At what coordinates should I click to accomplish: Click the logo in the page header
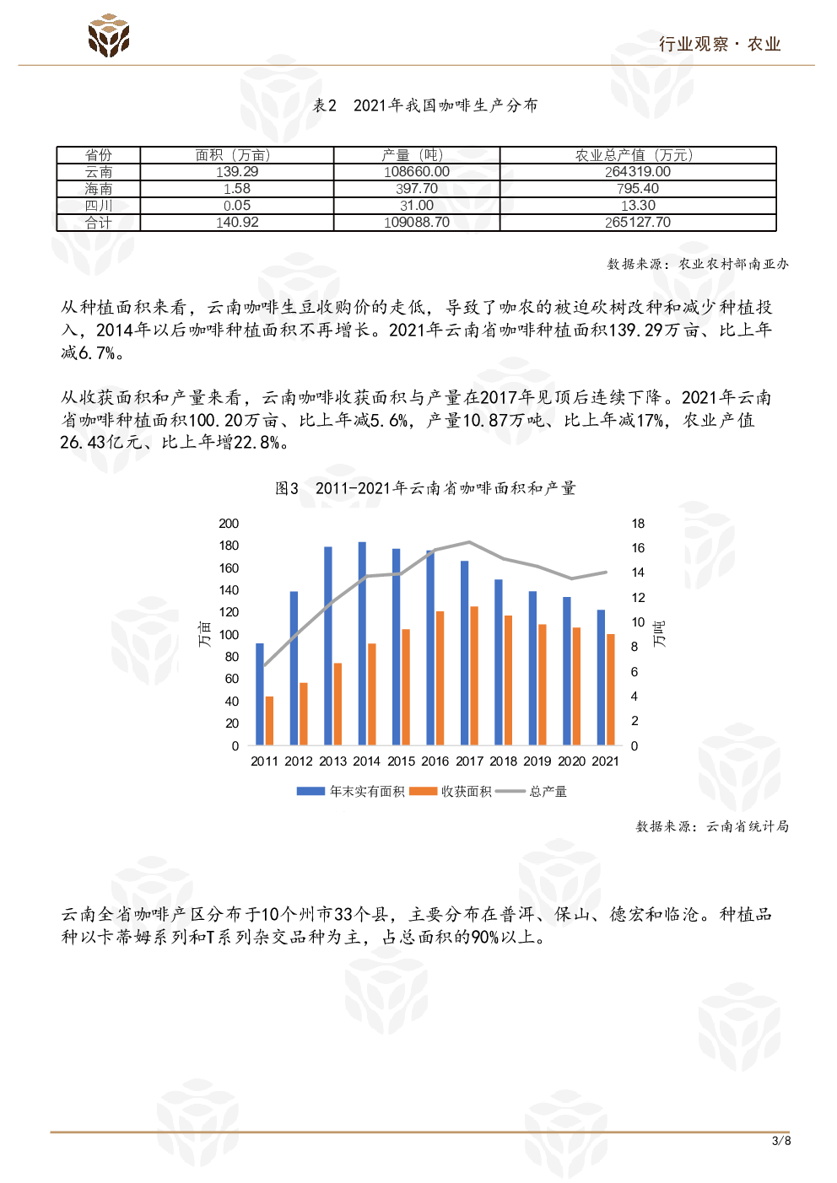coord(109,35)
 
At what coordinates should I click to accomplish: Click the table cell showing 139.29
coord(237,172)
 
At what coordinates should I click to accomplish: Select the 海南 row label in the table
coord(99,189)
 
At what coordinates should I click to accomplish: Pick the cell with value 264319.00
coord(638,172)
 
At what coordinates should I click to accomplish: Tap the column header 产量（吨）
coord(417,155)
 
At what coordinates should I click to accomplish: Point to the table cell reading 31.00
coord(417,206)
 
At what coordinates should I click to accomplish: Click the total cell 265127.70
coord(638,223)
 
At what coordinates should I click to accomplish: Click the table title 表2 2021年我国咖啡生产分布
coord(425,105)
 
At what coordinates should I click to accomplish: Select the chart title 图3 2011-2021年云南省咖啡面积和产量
coord(425,488)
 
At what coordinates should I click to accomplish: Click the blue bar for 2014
coord(362,643)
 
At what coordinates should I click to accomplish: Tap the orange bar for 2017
coord(474,675)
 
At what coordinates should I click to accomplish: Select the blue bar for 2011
coord(260,694)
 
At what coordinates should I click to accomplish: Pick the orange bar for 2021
coord(611,689)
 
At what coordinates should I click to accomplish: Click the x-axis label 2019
coord(537,761)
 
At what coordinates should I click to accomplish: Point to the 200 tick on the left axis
coord(229,524)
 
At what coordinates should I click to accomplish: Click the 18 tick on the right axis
coord(638,524)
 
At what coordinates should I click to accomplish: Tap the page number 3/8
coord(781,1141)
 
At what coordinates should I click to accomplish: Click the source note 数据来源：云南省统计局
coord(712,826)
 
